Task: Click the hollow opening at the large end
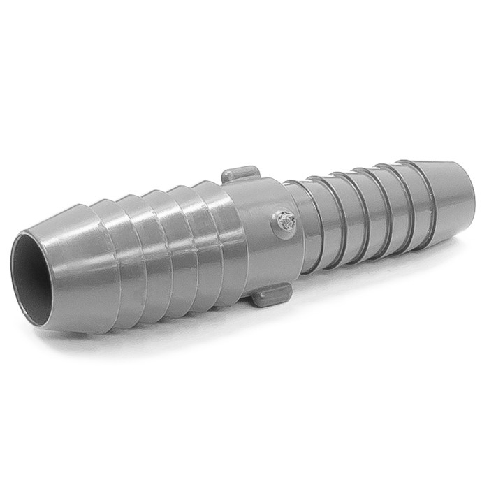(x=31, y=277)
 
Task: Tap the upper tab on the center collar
(x=240, y=174)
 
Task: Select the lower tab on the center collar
(x=271, y=295)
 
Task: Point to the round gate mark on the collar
(x=285, y=222)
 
